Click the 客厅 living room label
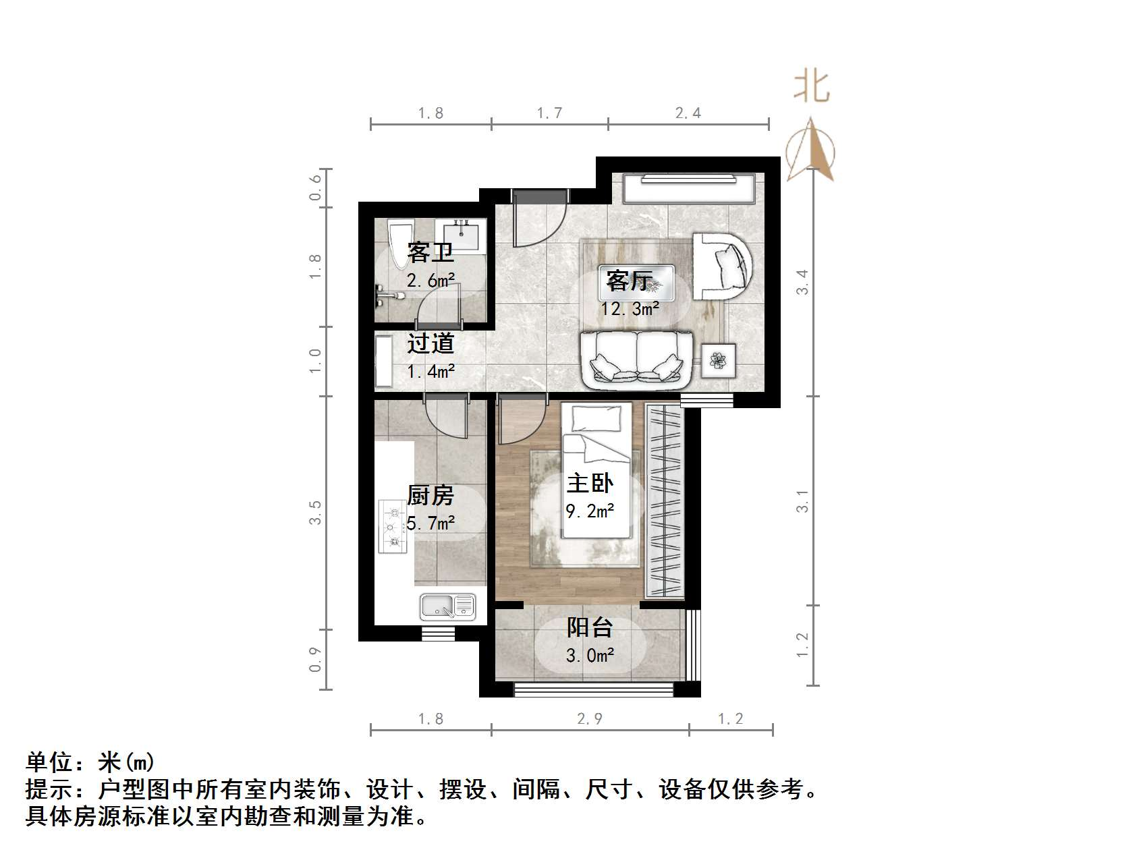pyautogui.click(x=629, y=280)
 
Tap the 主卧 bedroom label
pyautogui.click(x=590, y=483)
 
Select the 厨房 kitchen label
pyautogui.click(x=430, y=496)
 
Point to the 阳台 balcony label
pyautogui.click(x=590, y=627)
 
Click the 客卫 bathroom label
pyautogui.click(x=430, y=253)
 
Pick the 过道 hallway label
pyautogui.click(x=430, y=343)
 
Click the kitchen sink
pyautogui.click(x=447, y=606)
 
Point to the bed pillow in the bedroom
pyautogui.click(x=596, y=418)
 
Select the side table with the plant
pyautogui.click(x=718, y=361)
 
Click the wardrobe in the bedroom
pyautogui.click(x=665, y=501)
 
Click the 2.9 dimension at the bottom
pyautogui.click(x=589, y=719)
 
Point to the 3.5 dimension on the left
pyautogui.click(x=316, y=513)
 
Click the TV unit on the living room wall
pyautogui.click(x=689, y=188)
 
